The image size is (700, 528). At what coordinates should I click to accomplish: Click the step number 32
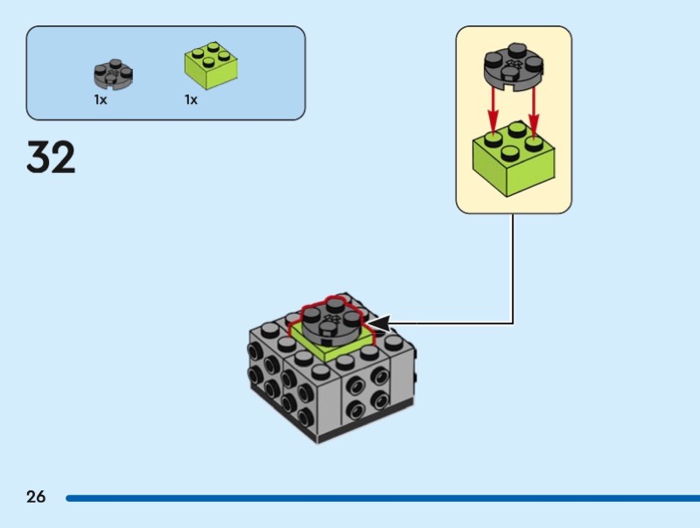tap(51, 157)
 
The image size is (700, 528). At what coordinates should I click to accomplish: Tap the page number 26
tap(36, 497)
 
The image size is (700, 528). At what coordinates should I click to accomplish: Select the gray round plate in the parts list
tap(114, 73)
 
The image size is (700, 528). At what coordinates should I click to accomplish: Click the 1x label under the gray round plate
tap(101, 100)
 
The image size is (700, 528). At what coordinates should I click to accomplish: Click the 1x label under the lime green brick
tap(191, 100)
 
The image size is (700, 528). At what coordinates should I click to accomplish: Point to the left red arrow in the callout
tap(493, 110)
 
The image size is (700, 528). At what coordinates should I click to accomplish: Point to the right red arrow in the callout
tap(534, 110)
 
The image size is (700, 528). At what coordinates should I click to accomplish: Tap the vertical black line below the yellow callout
tap(513, 262)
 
